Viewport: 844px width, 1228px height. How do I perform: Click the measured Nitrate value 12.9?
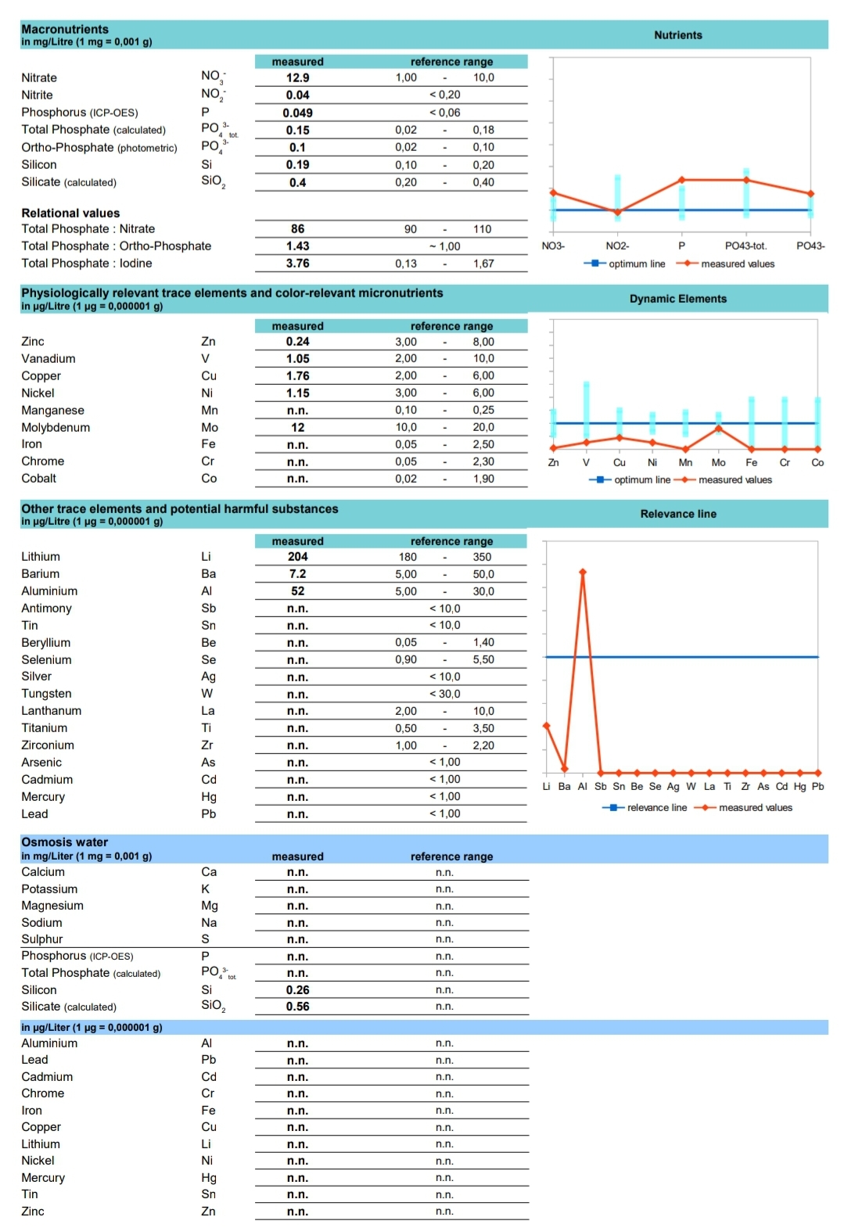coord(297,77)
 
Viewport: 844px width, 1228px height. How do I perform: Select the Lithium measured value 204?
coord(297,557)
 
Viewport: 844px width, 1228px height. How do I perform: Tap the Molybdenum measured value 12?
coord(297,427)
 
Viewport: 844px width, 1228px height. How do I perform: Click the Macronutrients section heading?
coord(65,29)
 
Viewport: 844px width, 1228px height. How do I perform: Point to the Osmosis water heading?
coord(65,842)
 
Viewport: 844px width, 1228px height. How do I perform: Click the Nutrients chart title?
coord(677,35)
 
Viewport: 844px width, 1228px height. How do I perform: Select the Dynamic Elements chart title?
coord(677,299)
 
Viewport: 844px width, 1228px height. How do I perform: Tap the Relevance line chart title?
coord(677,514)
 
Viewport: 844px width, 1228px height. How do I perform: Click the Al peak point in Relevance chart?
coord(583,572)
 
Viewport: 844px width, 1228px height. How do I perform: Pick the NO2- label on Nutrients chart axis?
coord(617,246)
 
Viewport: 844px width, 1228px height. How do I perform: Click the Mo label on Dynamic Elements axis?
coord(718,463)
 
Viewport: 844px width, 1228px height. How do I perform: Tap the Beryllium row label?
coord(46,643)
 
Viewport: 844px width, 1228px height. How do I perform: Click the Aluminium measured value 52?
coord(297,591)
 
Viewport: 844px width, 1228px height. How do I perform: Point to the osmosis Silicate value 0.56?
coord(297,1007)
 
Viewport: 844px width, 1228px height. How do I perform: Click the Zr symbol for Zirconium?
coord(207,745)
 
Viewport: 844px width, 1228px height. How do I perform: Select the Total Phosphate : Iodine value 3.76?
coord(297,264)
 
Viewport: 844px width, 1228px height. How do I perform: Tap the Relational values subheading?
coord(70,213)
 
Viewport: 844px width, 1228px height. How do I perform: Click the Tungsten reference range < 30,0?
coord(444,694)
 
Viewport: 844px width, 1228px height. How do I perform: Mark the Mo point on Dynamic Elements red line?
coord(718,429)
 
